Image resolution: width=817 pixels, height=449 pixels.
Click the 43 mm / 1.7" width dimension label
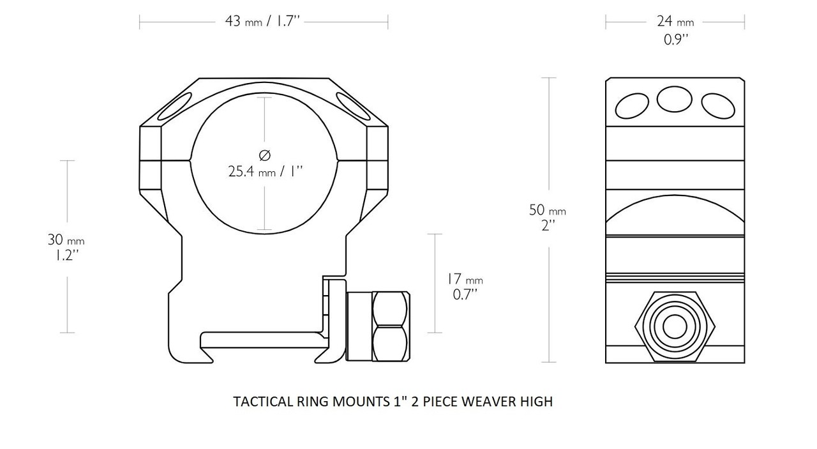[262, 21]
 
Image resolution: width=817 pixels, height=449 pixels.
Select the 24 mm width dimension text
[674, 21]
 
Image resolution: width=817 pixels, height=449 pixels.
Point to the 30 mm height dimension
[66, 240]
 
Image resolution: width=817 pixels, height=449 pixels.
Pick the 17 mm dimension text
[465, 279]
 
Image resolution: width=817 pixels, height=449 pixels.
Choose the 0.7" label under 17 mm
[464, 294]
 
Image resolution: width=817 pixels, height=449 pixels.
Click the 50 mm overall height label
[547, 209]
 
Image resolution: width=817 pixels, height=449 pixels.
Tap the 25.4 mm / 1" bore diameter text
[265, 171]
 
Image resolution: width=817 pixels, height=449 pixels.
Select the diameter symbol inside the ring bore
[265, 155]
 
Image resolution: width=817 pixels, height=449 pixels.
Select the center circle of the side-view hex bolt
[674, 326]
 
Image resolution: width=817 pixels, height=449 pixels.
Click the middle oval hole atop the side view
[675, 99]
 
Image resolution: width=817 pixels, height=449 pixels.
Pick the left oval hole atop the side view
[633, 105]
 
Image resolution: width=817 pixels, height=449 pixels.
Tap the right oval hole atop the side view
[717, 105]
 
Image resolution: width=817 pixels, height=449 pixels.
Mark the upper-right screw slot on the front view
[353, 106]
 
